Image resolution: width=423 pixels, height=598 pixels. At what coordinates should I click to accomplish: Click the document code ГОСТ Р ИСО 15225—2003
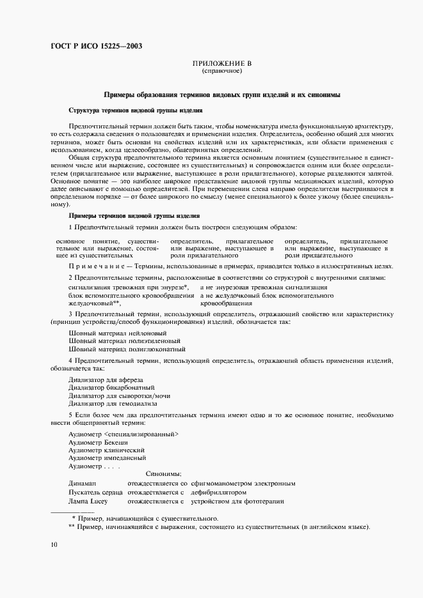point(95,45)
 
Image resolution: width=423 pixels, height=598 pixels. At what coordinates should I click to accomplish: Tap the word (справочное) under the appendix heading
point(221,72)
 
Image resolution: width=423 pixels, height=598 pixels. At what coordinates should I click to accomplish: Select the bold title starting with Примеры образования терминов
point(221,95)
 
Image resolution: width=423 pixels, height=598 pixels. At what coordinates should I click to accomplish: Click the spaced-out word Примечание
point(95,266)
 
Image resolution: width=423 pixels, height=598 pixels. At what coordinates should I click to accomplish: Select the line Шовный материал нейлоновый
point(117,333)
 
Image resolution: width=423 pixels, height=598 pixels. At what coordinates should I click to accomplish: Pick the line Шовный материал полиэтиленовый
point(121,341)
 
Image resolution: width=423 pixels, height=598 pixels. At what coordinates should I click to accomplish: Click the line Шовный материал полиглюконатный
point(127,349)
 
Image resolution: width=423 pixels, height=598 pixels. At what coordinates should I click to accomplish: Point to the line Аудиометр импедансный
point(107,457)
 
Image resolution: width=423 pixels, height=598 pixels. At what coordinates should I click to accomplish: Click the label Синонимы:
point(163,474)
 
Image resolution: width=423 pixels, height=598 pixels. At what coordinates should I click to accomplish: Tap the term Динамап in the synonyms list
point(82,484)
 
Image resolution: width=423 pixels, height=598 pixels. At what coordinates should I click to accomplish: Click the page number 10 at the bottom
point(54,544)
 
